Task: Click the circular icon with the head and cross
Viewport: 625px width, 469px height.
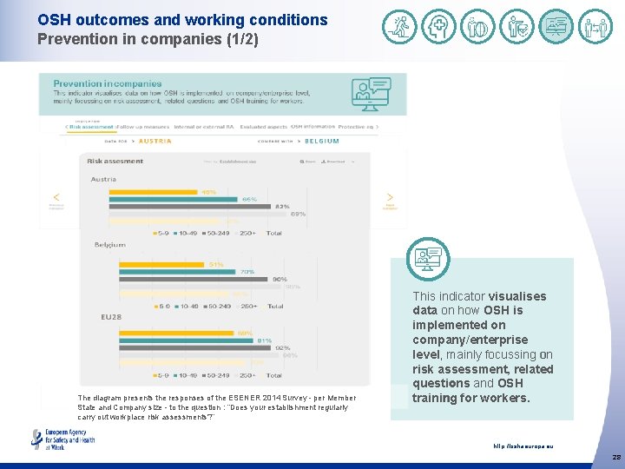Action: click(x=438, y=27)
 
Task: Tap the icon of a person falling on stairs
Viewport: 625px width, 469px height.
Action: click(x=399, y=27)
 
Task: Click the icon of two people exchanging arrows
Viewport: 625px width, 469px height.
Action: click(x=595, y=27)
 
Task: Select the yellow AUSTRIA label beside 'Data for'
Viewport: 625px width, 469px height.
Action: click(x=155, y=141)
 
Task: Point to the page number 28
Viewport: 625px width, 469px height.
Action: click(x=615, y=457)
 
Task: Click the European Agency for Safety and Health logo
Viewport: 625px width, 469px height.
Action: click(x=62, y=439)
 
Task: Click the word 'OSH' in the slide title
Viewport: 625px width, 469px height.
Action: click(x=53, y=19)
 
